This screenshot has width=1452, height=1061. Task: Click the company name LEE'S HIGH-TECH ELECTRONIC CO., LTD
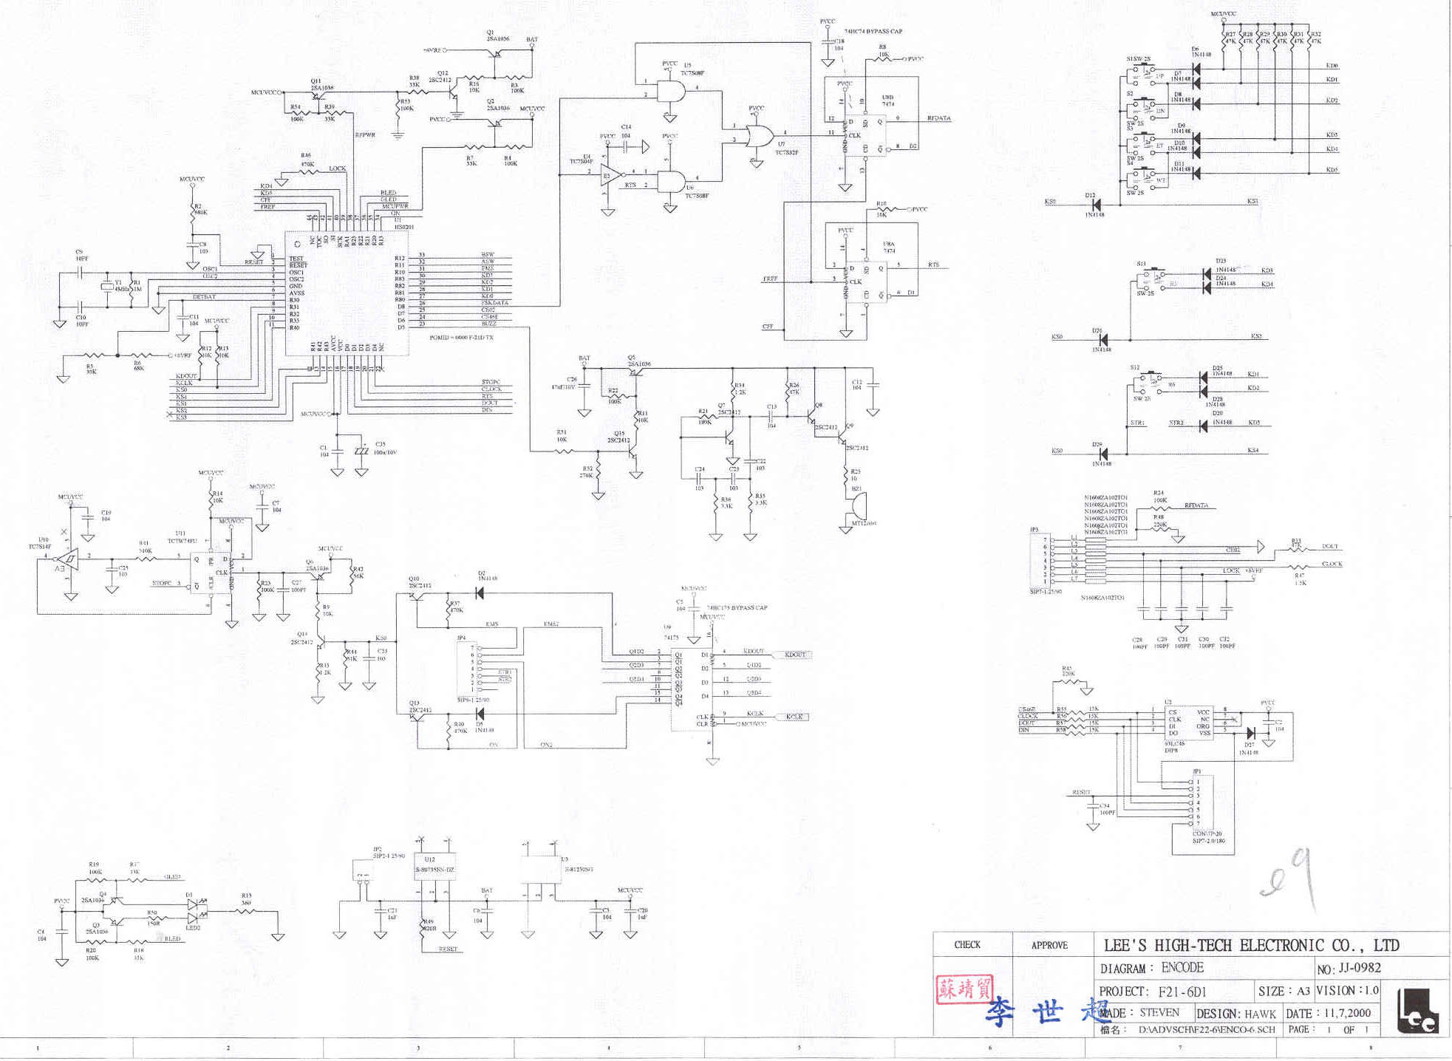(x=1251, y=945)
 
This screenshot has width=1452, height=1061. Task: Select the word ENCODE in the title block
(x=1182, y=968)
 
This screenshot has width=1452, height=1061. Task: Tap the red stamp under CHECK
(x=964, y=989)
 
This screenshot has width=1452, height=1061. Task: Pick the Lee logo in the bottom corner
(x=1417, y=1011)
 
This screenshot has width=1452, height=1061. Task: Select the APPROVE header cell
(x=1049, y=945)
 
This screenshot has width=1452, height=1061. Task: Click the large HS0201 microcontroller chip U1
(x=347, y=293)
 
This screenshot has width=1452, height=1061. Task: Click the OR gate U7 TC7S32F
(x=760, y=137)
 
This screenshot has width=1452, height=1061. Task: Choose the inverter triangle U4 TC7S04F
(x=610, y=175)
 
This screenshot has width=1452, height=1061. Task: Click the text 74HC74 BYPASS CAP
(x=873, y=32)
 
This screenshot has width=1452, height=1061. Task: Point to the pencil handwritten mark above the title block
(x=1289, y=879)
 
